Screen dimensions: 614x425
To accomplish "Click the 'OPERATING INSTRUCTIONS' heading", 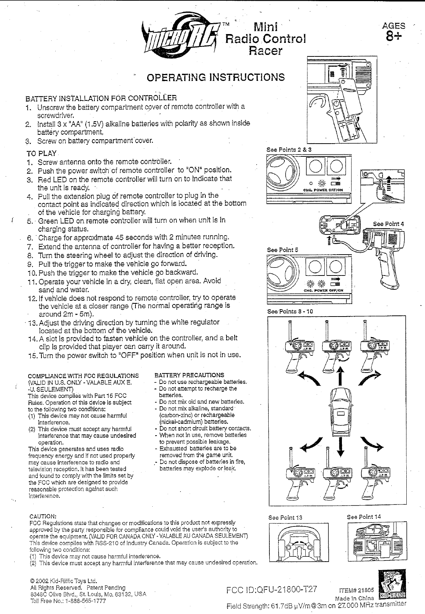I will [215, 77].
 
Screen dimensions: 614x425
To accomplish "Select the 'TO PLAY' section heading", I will [41, 153].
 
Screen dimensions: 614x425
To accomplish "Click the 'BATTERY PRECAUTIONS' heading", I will [189, 375].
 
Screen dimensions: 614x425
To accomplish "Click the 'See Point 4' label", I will [388, 224].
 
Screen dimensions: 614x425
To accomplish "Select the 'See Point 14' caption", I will [364, 517].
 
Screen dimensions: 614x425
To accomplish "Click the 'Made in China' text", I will [354, 598].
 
